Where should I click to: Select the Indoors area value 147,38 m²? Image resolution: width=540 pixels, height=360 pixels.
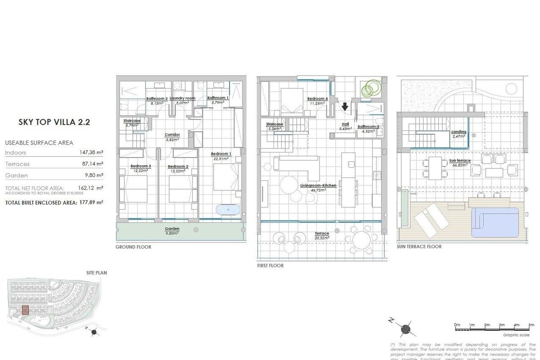coord(91,153)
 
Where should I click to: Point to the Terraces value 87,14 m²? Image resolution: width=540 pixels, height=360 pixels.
coord(93,164)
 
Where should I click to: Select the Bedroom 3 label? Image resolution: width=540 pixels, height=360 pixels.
coord(140,166)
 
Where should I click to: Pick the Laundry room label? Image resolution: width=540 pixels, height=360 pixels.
coord(182,98)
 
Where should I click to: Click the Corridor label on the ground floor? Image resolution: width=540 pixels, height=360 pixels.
coord(172,135)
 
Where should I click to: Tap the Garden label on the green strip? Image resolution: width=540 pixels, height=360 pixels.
coord(172,229)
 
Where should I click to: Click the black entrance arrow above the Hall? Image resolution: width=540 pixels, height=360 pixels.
coord(345,107)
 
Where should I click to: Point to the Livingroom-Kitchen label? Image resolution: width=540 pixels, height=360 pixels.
coord(319,185)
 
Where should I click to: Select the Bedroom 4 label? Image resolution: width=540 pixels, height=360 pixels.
coord(317,99)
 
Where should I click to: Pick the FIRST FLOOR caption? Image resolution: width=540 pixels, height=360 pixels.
coord(270,265)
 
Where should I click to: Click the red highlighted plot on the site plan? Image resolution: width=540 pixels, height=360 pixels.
coord(26,310)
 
